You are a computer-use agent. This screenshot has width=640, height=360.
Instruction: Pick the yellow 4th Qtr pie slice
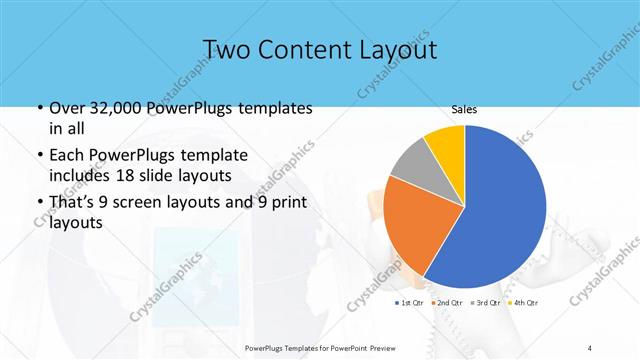(446, 148)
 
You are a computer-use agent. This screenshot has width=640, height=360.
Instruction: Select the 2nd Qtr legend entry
(446, 302)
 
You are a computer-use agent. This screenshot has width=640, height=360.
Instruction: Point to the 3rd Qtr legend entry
(486, 302)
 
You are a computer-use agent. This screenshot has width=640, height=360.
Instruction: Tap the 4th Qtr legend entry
(524, 302)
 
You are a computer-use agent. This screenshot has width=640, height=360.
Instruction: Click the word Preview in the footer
(413, 348)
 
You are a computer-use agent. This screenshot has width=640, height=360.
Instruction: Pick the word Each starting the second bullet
(66, 156)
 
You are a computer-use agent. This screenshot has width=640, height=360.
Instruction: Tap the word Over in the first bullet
(67, 108)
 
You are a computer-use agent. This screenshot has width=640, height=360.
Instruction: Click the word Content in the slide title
(300, 48)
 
